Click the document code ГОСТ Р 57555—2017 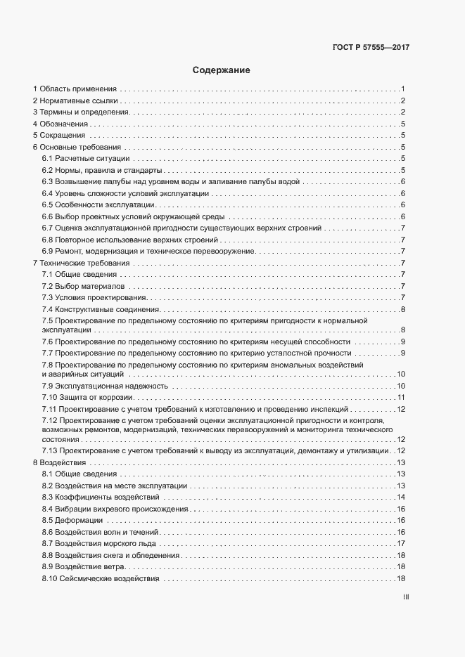(x=371, y=48)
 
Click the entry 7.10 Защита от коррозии (x=82, y=398)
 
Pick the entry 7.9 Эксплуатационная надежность (x=105, y=386)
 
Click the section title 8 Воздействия (x=59, y=462)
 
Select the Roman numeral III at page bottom (x=406, y=598)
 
